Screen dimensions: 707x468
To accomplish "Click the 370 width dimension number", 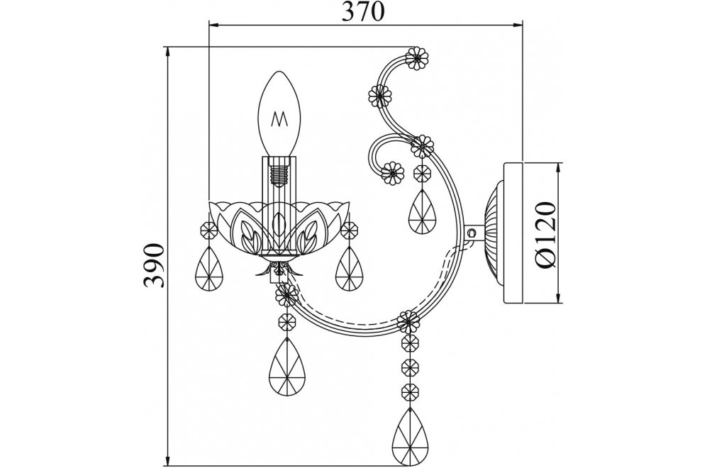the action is pos(363,12).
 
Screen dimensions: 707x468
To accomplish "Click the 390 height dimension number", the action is pos(153,265).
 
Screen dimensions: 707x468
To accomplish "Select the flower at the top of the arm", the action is pos(417,58).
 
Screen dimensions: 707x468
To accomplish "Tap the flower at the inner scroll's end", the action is pos(392,173).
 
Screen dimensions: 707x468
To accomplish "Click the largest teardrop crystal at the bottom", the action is pos(409,435).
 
